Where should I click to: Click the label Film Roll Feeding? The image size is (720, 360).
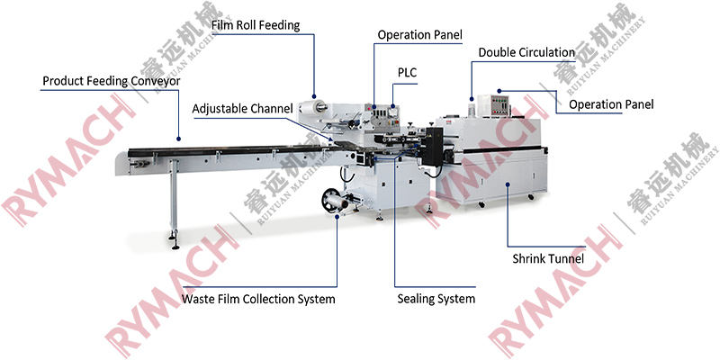point(255,25)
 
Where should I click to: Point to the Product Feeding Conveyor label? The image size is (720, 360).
point(112,81)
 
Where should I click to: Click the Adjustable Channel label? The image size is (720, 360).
point(242,109)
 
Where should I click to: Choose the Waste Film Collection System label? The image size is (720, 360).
point(258,299)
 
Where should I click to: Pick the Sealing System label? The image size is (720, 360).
point(436,299)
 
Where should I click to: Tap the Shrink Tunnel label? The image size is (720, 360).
point(548,259)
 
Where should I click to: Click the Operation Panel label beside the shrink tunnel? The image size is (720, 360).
point(611,104)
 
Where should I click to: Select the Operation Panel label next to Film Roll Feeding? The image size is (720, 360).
point(419,35)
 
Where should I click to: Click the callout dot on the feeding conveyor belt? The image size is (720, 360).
point(178,139)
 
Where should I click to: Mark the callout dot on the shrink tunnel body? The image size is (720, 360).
point(509,185)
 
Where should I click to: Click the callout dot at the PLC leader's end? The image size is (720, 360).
point(392,108)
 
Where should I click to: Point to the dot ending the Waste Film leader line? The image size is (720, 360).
point(337,215)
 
